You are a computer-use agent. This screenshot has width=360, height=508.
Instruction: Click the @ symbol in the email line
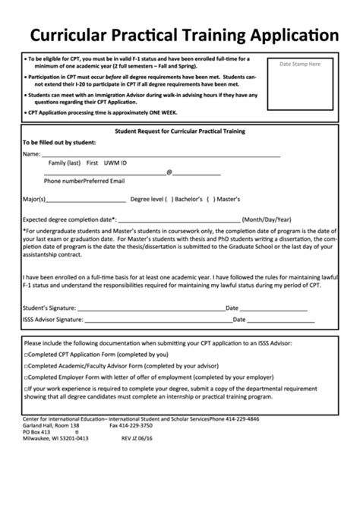pos(169,172)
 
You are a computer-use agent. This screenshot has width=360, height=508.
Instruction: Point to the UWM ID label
pos(115,163)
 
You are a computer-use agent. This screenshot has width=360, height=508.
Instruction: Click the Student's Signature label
pos(49,308)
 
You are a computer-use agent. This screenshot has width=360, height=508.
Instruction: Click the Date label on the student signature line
pos(232,308)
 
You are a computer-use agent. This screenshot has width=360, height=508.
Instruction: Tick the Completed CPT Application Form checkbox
pos(27,355)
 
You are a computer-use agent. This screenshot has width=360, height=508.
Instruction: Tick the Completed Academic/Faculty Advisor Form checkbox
pos(27,365)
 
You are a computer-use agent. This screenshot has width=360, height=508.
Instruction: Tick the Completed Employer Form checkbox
pos(27,376)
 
